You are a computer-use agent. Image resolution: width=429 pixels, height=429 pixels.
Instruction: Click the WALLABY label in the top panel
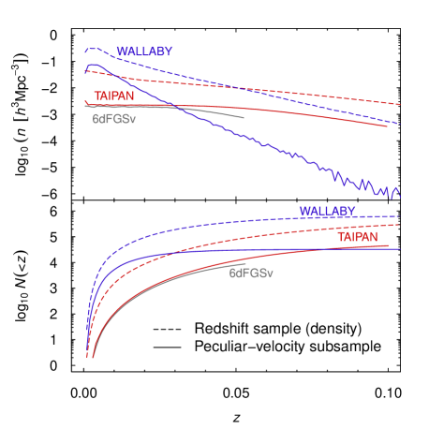tap(144, 52)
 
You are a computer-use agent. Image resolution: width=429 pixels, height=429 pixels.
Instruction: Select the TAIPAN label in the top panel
tap(113, 96)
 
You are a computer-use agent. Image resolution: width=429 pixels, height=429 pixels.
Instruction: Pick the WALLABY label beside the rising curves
tap(327, 211)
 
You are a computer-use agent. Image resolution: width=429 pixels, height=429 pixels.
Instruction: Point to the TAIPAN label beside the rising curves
tap(358, 238)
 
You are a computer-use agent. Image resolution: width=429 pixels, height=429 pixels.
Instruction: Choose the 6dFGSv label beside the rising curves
tap(251, 274)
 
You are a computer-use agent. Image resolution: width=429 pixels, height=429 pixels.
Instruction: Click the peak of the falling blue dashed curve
tap(91, 49)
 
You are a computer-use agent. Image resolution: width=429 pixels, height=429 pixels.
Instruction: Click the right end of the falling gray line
tap(244, 118)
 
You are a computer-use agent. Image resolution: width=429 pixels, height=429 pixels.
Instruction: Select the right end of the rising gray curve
tap(246, 264)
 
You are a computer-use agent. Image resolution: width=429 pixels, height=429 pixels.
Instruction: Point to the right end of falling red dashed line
tap(401, 105)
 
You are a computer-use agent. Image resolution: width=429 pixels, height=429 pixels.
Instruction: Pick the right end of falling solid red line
tap(388, 126)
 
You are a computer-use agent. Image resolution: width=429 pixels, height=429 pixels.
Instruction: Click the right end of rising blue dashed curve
tap(401, 214)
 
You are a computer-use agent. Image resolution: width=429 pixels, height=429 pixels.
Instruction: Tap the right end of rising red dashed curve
tap(401, 224)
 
